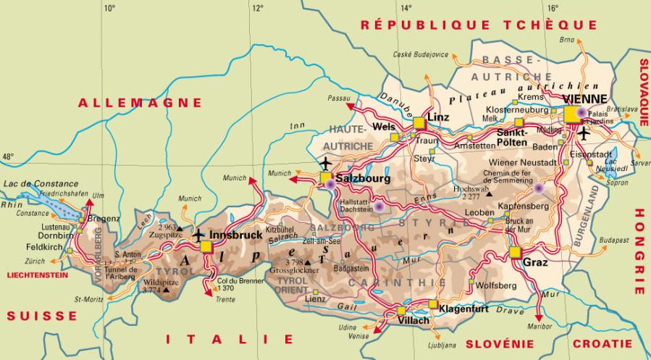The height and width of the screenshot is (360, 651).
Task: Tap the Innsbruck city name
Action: [x=235, y=235]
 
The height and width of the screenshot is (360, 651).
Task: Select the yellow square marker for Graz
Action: [x=515, y=252]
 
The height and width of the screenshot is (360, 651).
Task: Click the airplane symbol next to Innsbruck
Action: [x=198, y=235]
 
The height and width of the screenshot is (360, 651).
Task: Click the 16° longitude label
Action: [x=553, y=9]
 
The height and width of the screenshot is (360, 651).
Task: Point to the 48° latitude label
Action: [x=8, y=156]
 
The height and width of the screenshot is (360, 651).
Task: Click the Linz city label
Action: [x=439, y=117]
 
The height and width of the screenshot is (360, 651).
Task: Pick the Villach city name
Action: [x=413, y=319]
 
